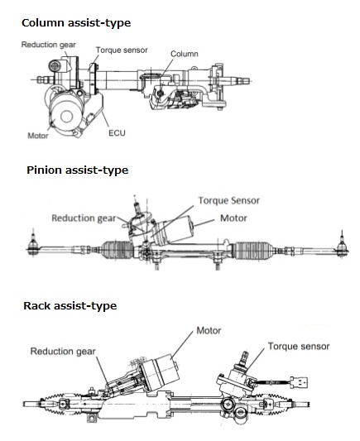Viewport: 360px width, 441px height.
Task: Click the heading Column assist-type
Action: click(x=76, y=23)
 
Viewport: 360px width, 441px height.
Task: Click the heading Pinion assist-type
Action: click(x=77, y=170)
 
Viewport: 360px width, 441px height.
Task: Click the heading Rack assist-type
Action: click(x=70, y=306)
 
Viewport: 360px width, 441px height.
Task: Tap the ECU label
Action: click(x=117, y=132)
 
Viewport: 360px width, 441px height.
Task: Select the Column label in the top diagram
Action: click(x=185, y=54)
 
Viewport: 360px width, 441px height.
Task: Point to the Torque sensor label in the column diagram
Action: click(x=122, y=50)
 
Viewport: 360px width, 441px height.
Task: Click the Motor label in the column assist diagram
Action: click(x=38, y=136)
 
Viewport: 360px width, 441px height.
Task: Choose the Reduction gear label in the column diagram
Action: click(x=49, y=45)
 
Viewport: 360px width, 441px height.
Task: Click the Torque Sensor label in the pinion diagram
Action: click(x=229, y=200)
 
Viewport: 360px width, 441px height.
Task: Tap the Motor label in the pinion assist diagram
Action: click(x=233, y=218)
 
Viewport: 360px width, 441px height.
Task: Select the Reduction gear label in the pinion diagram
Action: click(x=84, y=218)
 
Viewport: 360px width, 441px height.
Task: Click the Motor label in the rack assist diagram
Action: click(x=209, y=330)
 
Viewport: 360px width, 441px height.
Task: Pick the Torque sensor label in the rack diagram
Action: click(x=299, y=346)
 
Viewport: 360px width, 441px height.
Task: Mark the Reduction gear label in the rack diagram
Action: click(x=63, y=352)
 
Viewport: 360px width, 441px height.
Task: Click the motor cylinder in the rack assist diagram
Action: click(x=161, y=372)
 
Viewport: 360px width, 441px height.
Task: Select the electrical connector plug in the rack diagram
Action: click(x=299, y=382)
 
